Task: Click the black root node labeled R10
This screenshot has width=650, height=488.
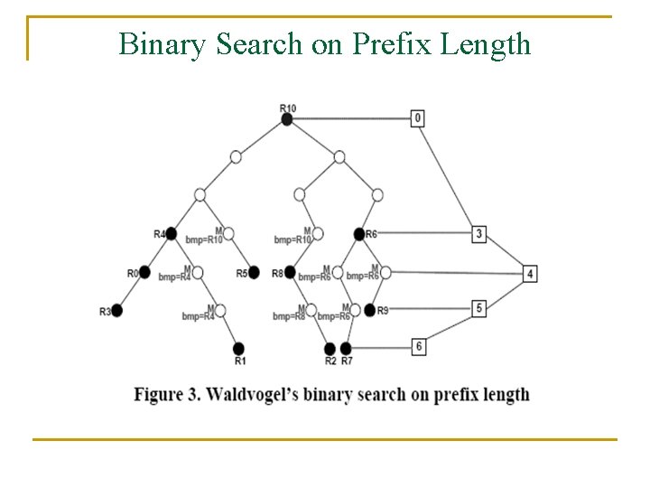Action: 287,118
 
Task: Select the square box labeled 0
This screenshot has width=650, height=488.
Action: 417,118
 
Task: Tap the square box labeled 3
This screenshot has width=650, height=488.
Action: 479,234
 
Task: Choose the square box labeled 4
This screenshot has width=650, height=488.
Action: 530,273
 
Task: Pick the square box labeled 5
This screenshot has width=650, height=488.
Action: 479,308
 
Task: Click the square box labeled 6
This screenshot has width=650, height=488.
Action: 418,346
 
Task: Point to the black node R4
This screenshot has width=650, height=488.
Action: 172,233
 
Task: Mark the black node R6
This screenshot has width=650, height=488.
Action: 359,234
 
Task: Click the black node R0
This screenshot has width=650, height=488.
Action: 144,272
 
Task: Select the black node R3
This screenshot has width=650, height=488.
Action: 116,310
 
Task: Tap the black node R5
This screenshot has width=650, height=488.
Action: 254,273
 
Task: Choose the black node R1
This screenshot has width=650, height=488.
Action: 239,348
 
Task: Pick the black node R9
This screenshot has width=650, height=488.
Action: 369,310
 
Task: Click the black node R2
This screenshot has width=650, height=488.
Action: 330,348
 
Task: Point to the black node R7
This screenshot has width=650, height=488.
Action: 346,348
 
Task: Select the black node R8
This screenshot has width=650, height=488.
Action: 290,273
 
